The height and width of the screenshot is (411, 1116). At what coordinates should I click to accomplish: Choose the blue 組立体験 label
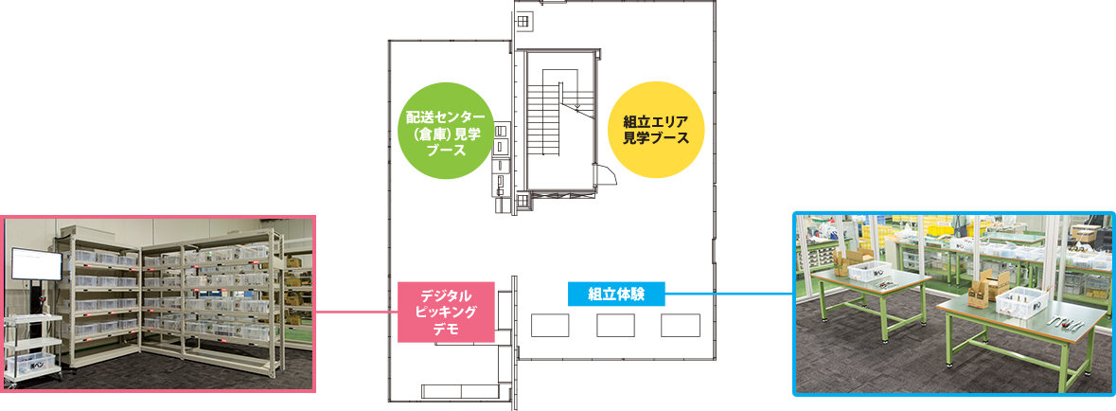615,294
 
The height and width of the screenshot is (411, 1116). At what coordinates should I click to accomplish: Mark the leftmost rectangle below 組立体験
550,325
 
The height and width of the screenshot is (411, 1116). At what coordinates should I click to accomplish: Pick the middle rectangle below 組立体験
615,325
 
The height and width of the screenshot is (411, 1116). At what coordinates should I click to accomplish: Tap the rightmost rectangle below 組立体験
680,325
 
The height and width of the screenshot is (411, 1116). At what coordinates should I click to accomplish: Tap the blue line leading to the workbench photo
729,294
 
